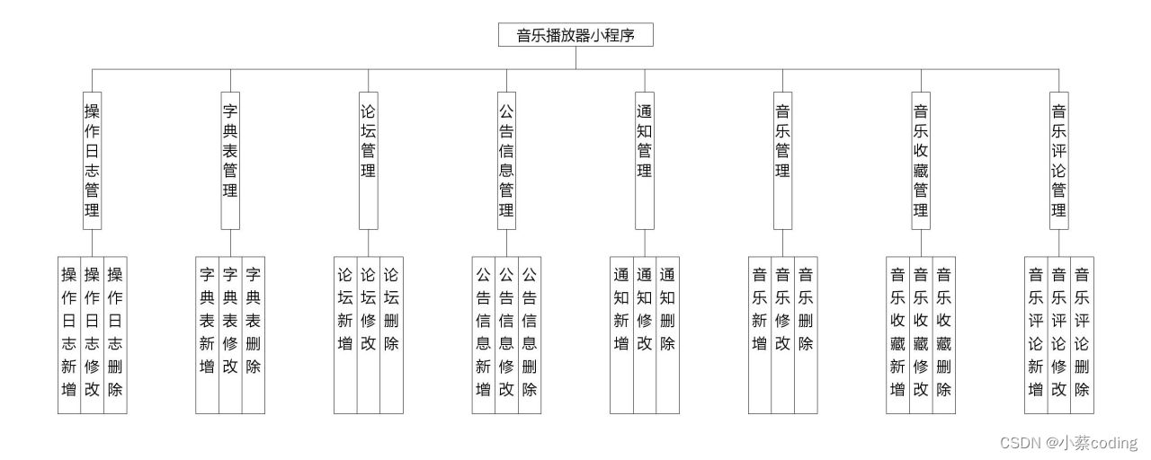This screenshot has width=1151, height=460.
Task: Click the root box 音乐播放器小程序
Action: tap(575, 35)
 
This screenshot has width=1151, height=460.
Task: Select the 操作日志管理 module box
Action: tap(92, 160)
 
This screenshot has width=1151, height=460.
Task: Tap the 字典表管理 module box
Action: tap(230, 160)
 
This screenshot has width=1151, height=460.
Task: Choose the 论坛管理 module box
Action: tap(368, 160)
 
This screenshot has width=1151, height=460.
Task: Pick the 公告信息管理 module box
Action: tap(506, 160)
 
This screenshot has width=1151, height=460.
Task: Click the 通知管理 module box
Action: tap(645, 160)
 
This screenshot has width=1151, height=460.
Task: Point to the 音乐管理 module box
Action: tap(782, 160)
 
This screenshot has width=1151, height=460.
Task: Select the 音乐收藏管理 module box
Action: tap(921, 160)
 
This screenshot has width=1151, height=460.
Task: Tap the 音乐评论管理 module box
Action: tap(1059, 160)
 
